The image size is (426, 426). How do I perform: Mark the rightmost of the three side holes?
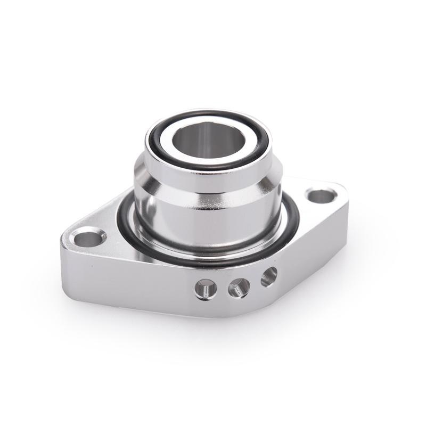point(269,276)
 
